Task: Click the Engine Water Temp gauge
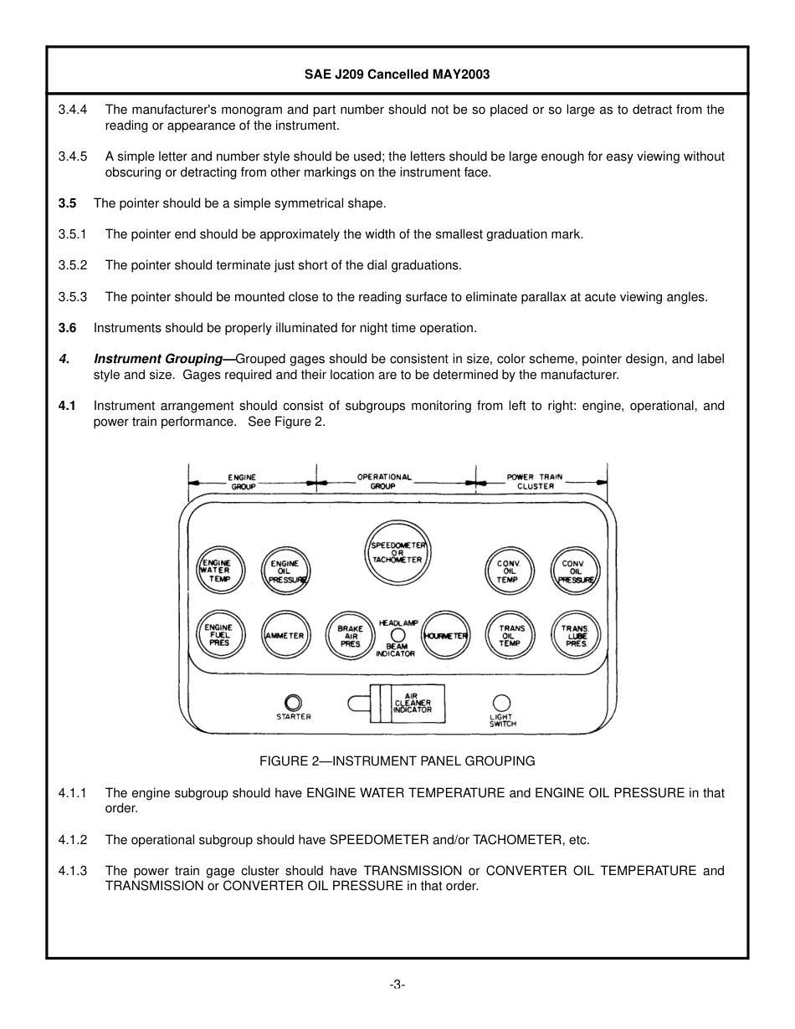click(219, 571)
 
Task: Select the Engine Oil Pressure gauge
click(285, 571)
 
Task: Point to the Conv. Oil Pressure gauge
click(576, 571)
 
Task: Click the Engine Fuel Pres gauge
click(219, 635)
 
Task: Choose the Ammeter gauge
click(285, 636)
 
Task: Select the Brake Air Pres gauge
click(349, 636)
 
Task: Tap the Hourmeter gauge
click(445, 636)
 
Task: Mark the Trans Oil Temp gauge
click(510, 636)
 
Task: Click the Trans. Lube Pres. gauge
click(576, 636)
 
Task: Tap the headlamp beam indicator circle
click(397, 635)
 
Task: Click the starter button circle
click(293, 702)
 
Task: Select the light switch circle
click(501, 703)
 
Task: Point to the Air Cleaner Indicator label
click(413, 703)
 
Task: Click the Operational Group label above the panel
click(384, 481)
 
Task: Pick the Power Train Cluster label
click(535, 481)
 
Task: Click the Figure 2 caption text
click(397, 761)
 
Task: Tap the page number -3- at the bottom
click(397, 985)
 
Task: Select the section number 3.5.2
click(73, 265)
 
